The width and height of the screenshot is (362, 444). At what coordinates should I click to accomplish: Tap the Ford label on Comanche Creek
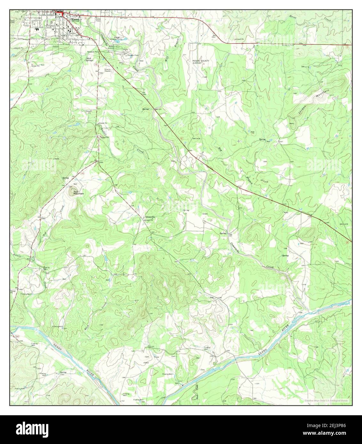(x=230, y=235)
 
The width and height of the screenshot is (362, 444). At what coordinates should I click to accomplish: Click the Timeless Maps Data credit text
(x=326, y=400)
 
